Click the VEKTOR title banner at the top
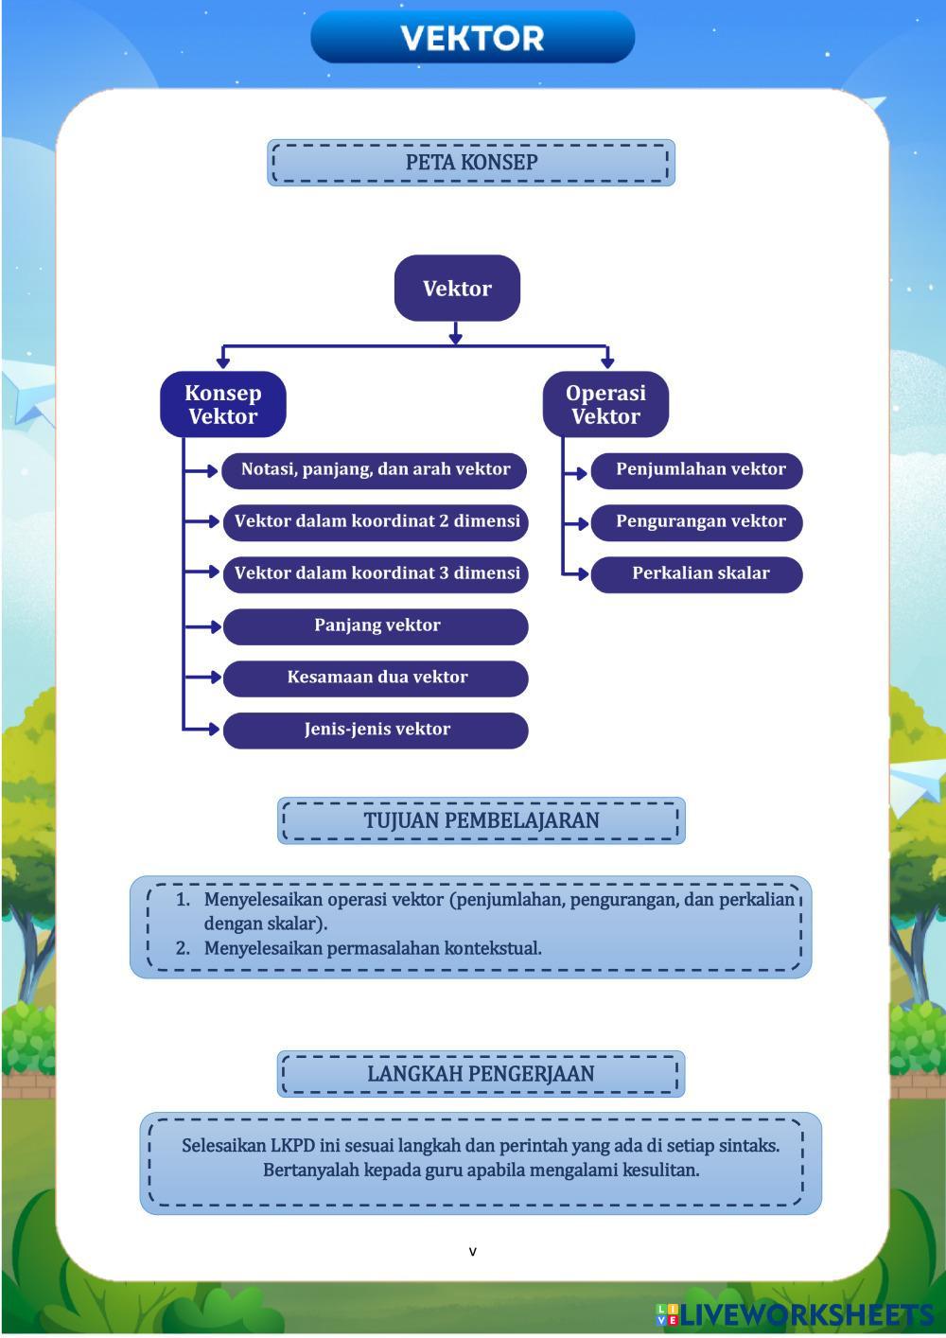click(472, 38)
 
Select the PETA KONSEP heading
click(471, 163)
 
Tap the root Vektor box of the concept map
click(457, 289)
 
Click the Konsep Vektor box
click(222, 405)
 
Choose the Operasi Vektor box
click(605, 405)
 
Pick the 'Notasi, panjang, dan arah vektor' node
click(375, 470)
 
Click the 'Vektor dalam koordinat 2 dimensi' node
click(376, 521)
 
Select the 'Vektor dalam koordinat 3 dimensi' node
click(376, 573)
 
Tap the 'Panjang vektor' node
click(376, 625)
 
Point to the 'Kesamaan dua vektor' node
click(376, 678)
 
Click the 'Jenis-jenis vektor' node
click(376, 730)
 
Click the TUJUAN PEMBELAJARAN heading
click(481, 820)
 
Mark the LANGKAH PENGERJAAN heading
click(481, 1074)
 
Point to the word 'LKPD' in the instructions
click(292, 1145)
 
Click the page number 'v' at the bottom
click(473, 1252)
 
